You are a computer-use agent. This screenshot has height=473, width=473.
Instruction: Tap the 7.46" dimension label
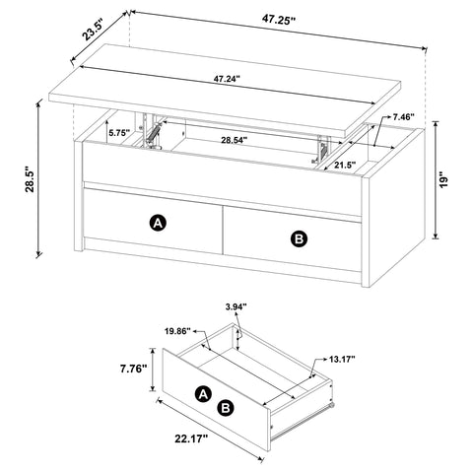(405, 117)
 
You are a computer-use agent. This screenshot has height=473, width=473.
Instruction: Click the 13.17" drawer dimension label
(342, 362)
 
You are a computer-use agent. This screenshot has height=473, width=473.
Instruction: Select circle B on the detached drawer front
(226, 406)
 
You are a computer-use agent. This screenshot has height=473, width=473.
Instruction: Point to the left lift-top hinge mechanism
(151, 133)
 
